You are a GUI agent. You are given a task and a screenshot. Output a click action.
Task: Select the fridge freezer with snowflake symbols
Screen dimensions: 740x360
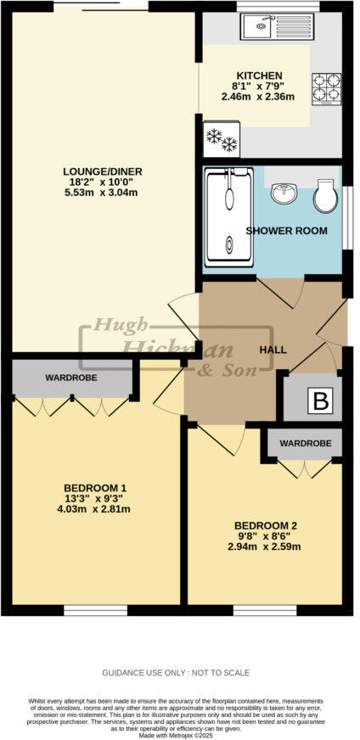[x=221, y=138]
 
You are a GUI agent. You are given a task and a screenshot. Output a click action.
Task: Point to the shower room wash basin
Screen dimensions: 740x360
[x=284, y=194]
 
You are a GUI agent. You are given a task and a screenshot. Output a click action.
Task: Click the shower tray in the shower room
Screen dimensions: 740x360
[x=229, y=218]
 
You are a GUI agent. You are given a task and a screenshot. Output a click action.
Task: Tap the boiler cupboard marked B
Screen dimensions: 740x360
[x=320, y=401]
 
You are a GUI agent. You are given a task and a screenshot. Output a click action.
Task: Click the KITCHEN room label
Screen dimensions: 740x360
[x=258, y=76]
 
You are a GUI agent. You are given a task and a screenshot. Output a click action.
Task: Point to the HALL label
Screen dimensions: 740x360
[x=273, y=350]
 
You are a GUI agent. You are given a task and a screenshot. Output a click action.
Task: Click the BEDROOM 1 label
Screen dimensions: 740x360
[x=95, y=487]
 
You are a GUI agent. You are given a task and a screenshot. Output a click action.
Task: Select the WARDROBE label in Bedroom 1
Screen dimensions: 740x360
[x=70, y=377]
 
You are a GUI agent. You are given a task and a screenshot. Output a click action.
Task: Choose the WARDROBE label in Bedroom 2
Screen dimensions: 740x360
[x=304, y=442]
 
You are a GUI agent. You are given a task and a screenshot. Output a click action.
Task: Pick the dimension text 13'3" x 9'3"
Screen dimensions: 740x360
[x=95, y=498]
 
